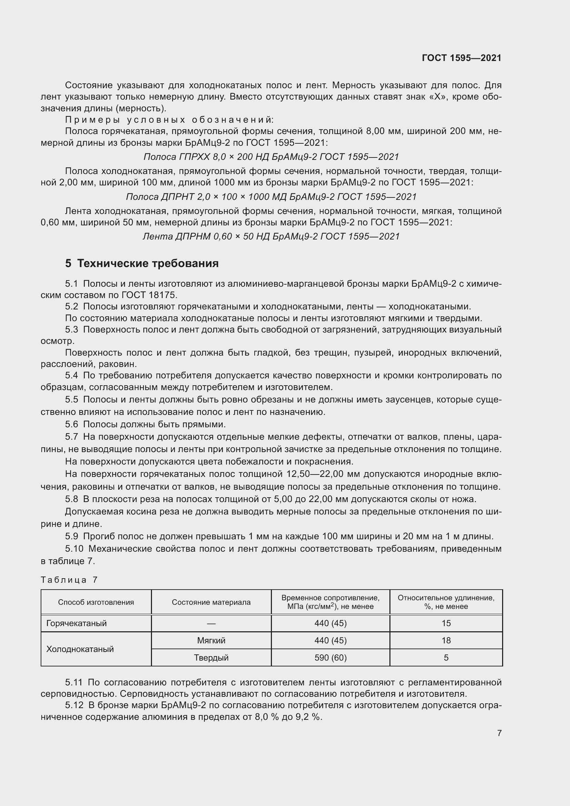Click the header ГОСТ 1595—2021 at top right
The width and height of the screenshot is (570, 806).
point(461,58)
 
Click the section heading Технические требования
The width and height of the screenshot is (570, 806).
point(148,263)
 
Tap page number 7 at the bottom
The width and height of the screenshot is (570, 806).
point(499,733)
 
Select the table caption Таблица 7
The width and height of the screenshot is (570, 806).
point(69,580)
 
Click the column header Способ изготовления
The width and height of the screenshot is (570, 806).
point(96,602)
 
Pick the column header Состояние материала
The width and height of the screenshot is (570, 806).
point(211,602)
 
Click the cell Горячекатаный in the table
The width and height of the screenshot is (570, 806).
point(77,623)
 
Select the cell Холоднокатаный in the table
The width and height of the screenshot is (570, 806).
point(80,649)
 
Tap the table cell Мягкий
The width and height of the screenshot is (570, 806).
point(211,640)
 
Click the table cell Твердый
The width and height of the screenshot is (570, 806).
point(211,657)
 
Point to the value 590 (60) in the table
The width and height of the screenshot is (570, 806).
point(330,657)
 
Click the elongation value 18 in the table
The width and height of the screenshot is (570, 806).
point(446,640)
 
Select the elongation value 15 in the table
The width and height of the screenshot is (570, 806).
point(446,623)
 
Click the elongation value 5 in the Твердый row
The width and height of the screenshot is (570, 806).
point(446,657)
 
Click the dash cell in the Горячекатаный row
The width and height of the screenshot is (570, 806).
point(211,623)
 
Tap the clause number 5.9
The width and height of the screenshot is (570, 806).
point(72,536)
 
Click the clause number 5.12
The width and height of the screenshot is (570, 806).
point(74,705)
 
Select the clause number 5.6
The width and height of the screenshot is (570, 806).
point(72,424)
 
